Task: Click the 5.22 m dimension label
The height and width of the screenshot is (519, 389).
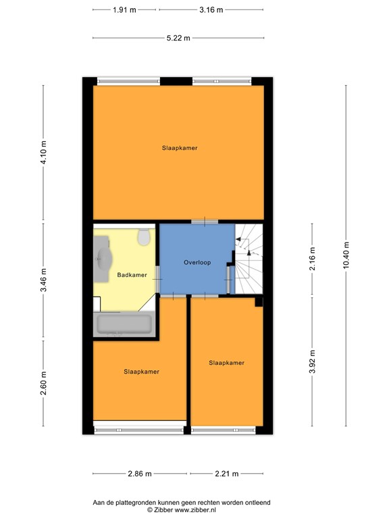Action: point(178,38)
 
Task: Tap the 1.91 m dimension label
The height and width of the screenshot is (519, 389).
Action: point(124,10)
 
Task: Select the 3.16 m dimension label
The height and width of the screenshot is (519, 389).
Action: point(211,10)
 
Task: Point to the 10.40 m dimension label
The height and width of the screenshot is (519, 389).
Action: point(346,255)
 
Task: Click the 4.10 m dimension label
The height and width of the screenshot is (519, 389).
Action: point(43,153)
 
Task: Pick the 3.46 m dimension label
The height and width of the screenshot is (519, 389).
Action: point(43,280)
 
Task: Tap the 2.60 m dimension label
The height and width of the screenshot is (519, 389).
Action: point(43,384)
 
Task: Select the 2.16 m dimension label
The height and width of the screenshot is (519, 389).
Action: point(311,259)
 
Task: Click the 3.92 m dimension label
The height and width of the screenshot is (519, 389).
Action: point(311,362)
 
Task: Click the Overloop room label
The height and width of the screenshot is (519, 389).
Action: point(197,262)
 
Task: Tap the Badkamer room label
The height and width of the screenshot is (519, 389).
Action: point(132,275)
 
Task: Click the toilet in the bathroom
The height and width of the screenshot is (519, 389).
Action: point(143,237)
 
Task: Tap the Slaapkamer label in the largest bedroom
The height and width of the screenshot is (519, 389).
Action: point(179,147)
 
